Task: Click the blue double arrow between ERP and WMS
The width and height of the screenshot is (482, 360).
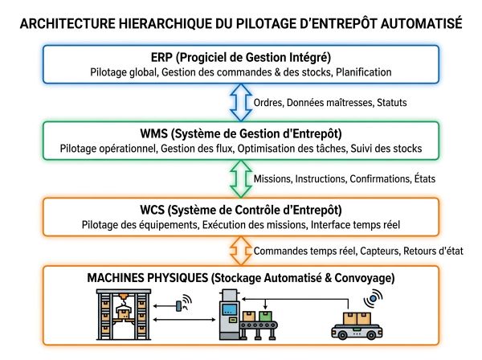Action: pyautogui.click(x=241, y=102)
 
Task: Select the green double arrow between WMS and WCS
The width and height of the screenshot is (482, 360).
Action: pyautogui.click(x=241, y=178)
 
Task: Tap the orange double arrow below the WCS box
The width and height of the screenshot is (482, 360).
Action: pyautogui.click(x=241, y=251)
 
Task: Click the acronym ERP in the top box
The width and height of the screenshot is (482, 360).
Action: pyautogui.click(x=162, y=58)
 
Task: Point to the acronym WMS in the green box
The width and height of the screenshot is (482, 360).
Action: pyautogui.click(x=153, y=133)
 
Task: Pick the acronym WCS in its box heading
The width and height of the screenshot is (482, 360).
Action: pyautogui.click(x=152, y=210)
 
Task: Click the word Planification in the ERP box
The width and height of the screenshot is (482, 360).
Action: pyautogui.click(x=363, y=72)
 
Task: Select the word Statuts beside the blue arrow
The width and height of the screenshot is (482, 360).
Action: pyautogui.click(x=392, y=102)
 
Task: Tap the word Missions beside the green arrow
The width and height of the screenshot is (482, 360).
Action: pyautogui.click(x=273, y=178)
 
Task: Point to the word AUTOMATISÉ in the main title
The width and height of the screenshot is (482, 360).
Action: pyautogui.click(x=422, y=23)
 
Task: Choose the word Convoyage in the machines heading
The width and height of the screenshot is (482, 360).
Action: pyautogui.click(x=364, y=278)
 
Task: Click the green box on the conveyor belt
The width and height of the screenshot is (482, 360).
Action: pyautogui.click(x=265, y=316)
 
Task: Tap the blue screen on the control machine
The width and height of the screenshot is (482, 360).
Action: pyautogui.click(x=230, y=309)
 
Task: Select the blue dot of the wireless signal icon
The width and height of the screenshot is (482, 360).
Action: pyautogui.click(x=373, y=298)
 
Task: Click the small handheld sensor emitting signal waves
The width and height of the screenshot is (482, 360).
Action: pyautogui.click(x=179, y=305)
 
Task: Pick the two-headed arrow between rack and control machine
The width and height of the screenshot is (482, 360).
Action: pyautogui.click(x=184, y=320)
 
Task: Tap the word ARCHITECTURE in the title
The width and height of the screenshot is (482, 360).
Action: pyautogui.click(x=67, y=23)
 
